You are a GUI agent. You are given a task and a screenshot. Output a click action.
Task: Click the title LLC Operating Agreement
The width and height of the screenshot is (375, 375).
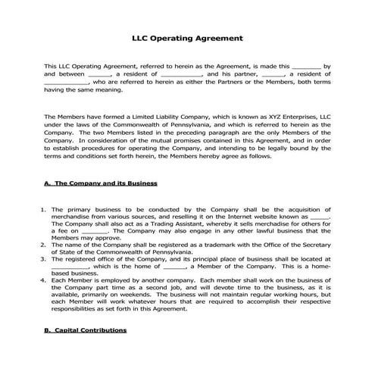187,36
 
